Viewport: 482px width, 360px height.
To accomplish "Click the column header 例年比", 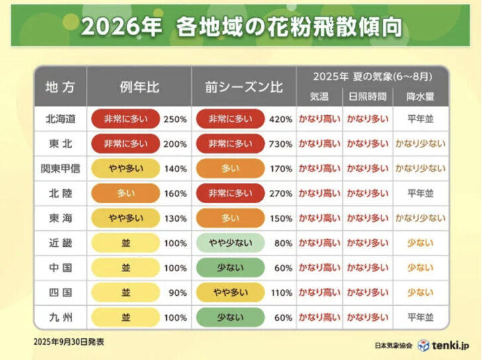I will [139, 87].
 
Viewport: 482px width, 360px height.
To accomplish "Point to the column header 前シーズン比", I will [242, 87].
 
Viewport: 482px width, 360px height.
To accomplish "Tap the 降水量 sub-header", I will [420, 96].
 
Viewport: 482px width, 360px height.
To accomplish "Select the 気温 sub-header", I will [319, 96].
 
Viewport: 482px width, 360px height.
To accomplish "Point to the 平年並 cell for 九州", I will [420, 317].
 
